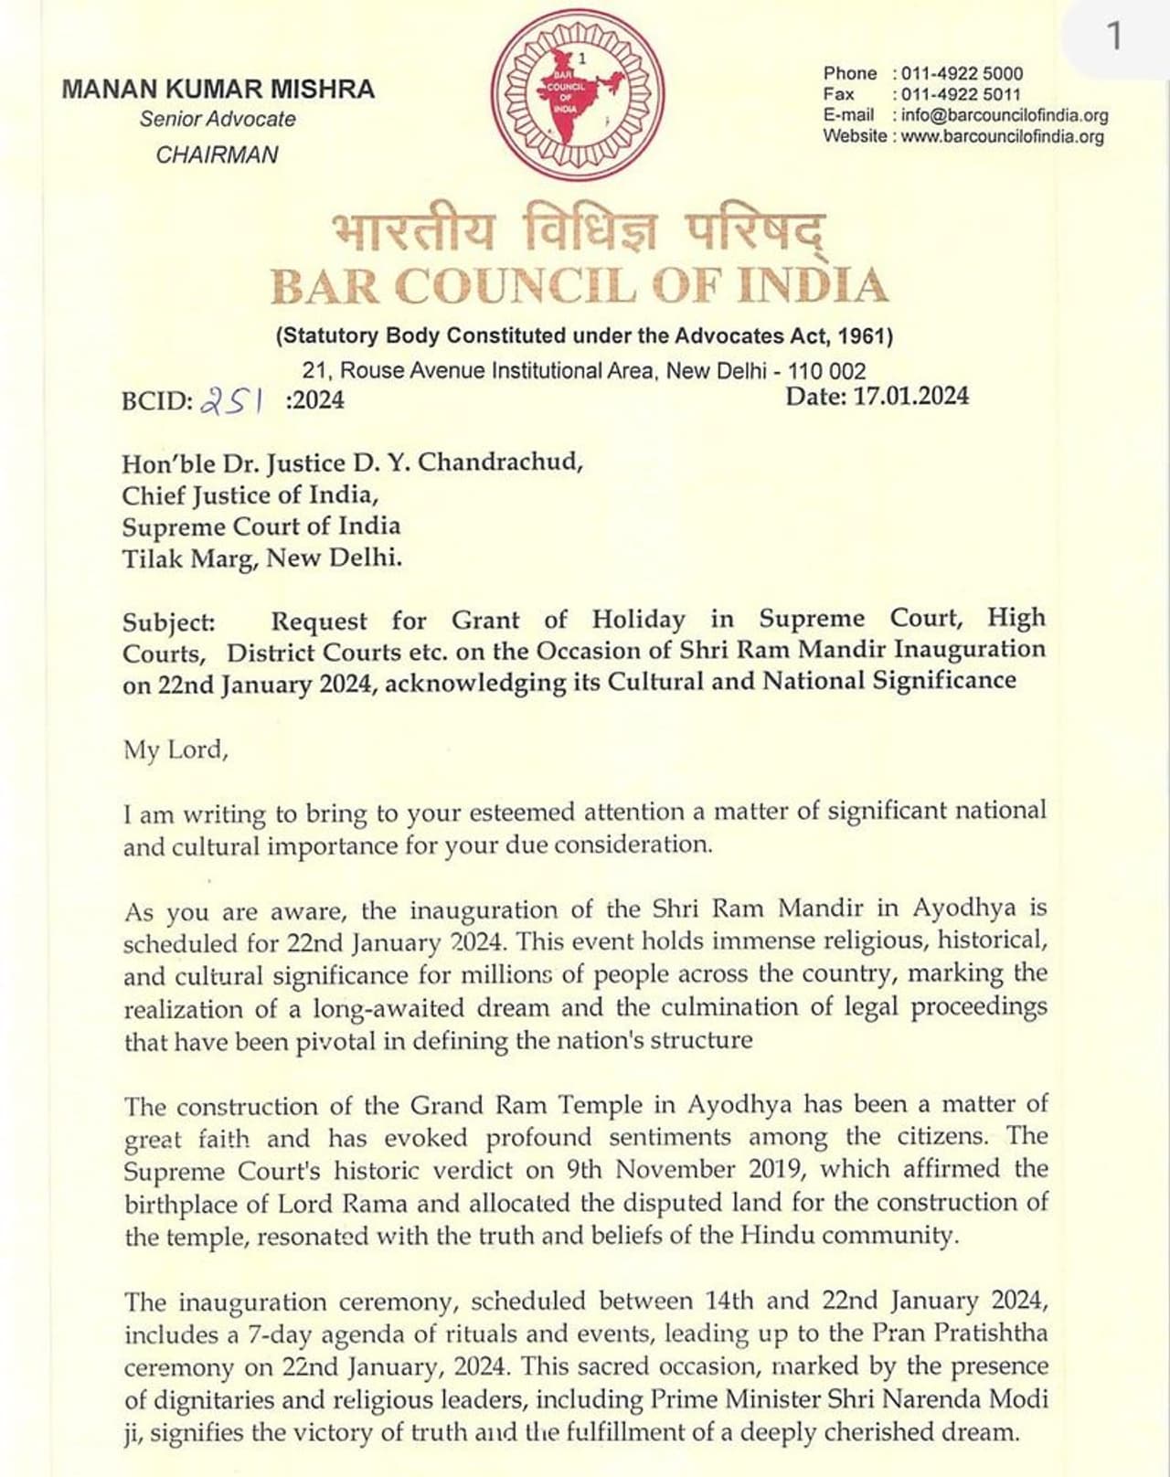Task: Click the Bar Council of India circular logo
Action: tap(578, 95)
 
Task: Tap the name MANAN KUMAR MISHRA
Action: tap(218, 90)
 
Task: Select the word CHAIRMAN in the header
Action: tap(217, 155)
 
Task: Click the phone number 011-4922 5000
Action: tap(962, 74)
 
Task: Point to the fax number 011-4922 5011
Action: tap(961, 94)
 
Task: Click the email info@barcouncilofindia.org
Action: tap(1005, 115)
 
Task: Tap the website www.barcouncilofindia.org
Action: tap(1002, 137)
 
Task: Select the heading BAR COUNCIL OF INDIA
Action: tap(580, 286)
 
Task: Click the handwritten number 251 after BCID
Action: tap(232, 400)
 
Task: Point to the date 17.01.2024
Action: tap(910, 396)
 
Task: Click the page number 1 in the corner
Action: tap(1113, 37)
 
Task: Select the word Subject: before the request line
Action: tap(169, 622)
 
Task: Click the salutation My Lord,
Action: tap(175, 750)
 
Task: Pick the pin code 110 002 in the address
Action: tap(826, 371)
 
